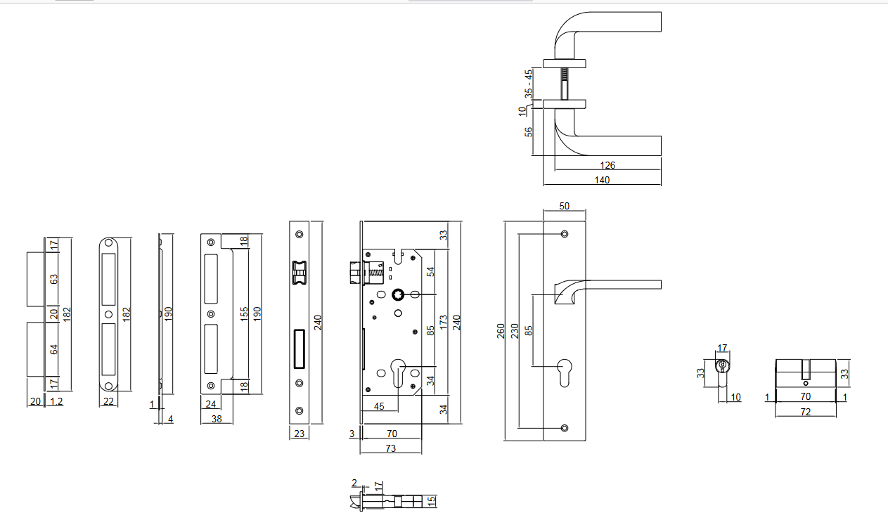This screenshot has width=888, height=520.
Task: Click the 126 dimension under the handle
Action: (608, 165)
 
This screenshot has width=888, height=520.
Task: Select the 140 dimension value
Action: (602, 180)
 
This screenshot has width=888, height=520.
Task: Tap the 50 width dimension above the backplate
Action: (564, 206)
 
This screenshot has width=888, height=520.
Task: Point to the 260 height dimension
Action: (501, 330)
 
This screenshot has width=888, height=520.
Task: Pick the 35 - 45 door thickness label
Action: (529, 83)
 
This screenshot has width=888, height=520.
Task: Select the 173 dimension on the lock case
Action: (443, 324)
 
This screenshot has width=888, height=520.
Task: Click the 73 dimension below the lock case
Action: (391, 448)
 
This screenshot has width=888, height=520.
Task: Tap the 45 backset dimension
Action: (378, 405)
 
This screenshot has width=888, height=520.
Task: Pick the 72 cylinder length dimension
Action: (806, 412)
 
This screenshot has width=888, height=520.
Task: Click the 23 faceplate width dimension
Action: (299, 434)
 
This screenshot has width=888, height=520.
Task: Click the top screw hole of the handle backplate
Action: (565, 233)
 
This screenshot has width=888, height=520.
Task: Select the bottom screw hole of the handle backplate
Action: (565, 427)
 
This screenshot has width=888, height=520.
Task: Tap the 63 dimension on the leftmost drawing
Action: (53, 279)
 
